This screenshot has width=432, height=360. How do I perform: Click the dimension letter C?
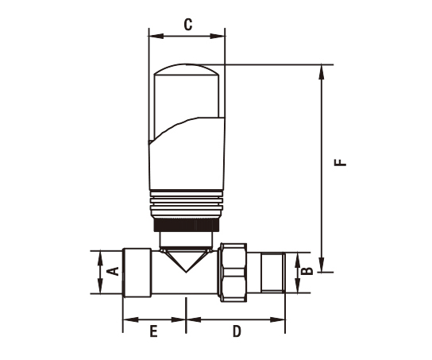tap(188, 25)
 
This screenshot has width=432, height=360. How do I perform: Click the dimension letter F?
tap(340, 162)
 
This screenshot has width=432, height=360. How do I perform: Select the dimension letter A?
tap(113, 271)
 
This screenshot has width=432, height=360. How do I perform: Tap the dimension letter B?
tap(307, 271)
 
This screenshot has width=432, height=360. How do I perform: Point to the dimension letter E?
tap(153, 331)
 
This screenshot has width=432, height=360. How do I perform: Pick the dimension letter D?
tap(237, 331)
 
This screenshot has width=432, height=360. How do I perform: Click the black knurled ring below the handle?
tap(187, 225)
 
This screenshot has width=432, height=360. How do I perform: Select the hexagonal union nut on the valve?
tap(232, 273)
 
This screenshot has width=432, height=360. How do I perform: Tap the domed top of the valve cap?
tap(187, 69)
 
